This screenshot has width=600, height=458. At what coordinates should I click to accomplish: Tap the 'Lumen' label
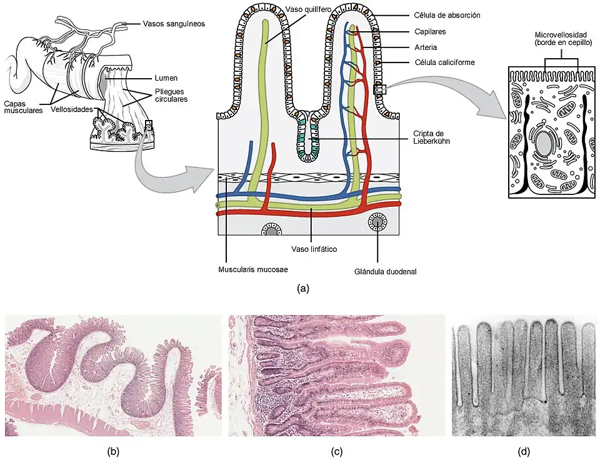tap(166, 78)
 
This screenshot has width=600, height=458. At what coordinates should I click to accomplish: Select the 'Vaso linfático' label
tap(314, 249)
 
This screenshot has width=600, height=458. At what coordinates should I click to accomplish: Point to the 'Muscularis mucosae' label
tap(253, 271)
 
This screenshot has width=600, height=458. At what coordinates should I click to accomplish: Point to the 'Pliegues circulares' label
tap(171, 95)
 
